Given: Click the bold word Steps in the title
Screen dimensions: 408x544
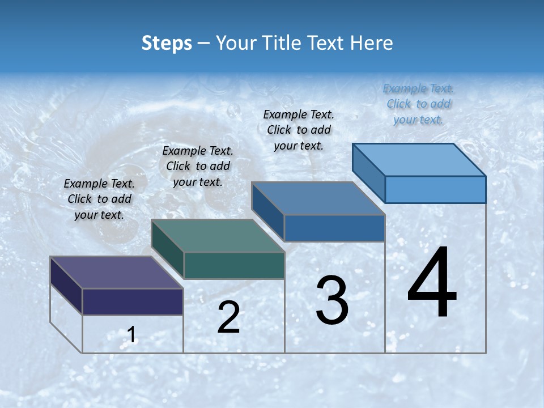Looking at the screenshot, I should pyautogui.click(x=167, y=43).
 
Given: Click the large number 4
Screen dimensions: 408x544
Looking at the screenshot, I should pyautogui.click(x=432, y=283).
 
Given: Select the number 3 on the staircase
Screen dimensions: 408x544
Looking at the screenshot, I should pyautogui.click(x=331, y=300).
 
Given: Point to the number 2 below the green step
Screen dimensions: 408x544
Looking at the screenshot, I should pyautogui.click(x=228, y=317).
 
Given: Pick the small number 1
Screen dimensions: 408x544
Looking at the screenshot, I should pyautogui.click(x=131, y=335).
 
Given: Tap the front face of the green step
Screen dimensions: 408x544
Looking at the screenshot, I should pyautogui.click(x=234, y=265).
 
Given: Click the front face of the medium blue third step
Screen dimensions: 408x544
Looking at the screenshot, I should pyautogui.click(x=334, y=228).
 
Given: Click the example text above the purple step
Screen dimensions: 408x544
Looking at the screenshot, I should pyautogui.click(x=99, y=199).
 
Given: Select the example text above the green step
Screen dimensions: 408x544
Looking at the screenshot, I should pyautogui.click(x=198, y=167).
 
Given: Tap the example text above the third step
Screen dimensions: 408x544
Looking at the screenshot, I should pyautogui.click(x=299, y=130).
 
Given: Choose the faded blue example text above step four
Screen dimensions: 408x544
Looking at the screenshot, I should pyautogui.click(x=418, y=104).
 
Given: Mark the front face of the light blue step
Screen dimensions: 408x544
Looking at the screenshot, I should pyautogui.click(x=435, y=189).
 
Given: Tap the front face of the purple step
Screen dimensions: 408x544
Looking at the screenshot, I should pyautogui.click(x=133, y=301).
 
